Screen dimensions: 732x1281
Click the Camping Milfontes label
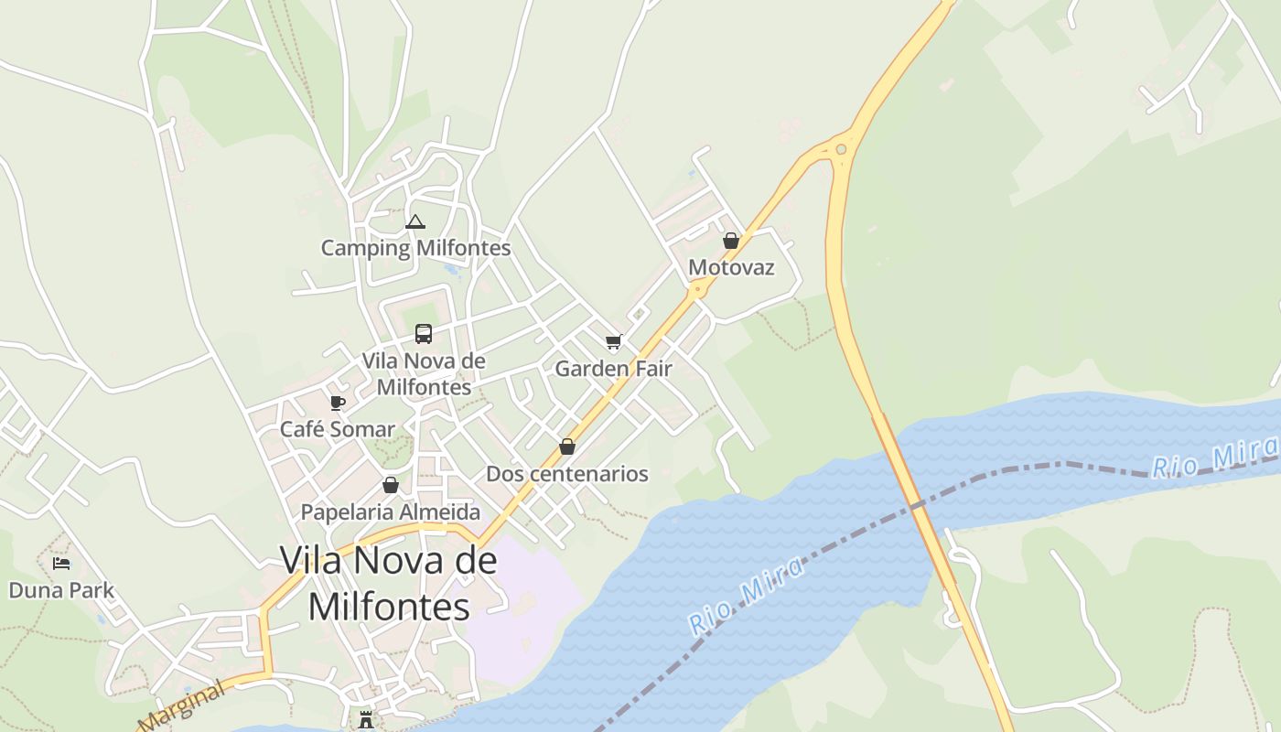pyautogui.click(x=415, y=248)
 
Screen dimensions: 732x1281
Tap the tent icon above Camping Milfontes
pyautogui.click(x=415, y=221)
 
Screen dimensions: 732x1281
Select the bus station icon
pyautogui.click(x=424, y=334)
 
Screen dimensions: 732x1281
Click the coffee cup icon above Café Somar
pyautogui.click(x=338, y=403)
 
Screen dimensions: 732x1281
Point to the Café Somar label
pyautogui.click(x=338, y=429)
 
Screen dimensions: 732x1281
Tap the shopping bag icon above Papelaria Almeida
pyautogui.click(x=391, y=485)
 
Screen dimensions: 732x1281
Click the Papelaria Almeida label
pyautogui.click(x=391, y=511)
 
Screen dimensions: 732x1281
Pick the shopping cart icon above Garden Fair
pyautogui.click(x=613, y=342)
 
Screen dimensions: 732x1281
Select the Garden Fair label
pyautogui.click(x=613, y=369)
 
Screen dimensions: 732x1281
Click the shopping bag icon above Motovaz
pyautogui.click(x=731, y=241)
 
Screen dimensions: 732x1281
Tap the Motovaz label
pyautogui.click(x=731, y=267)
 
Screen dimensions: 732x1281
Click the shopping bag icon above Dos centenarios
pyautogui.click(x=567, y=447)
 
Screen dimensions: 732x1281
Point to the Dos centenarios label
pyautogui.click(x=567, y=474)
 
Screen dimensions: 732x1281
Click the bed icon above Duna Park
pyautogui.click(x=61, y=564)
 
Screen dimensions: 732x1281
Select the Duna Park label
pyautogui.click(x=61, y=590)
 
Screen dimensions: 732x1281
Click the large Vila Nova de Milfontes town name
pyautogui.click(x=389, y=583)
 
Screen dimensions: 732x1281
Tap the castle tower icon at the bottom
pyautogui.click(x=366, y=720)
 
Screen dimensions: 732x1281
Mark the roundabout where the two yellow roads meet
pyautogui.click(x=841, y=149)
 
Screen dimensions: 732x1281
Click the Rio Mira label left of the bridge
pyautogui.click(x=746, y=596)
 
